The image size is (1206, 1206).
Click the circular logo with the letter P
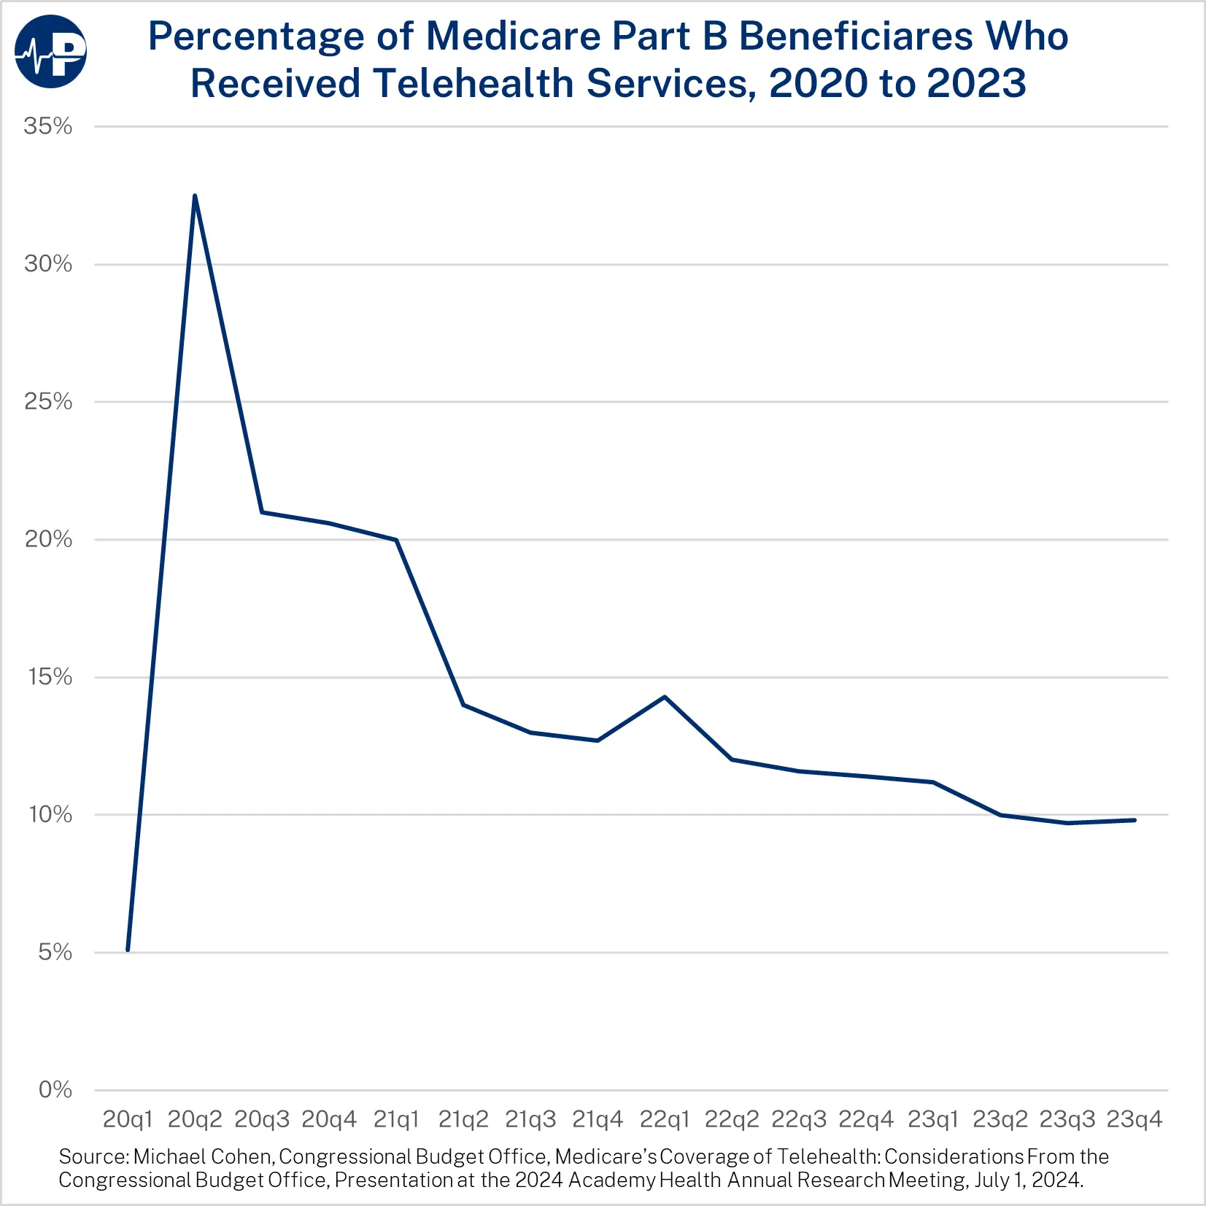point(50,51)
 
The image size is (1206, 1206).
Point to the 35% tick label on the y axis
point(48,126)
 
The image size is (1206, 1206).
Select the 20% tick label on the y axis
point(48,539)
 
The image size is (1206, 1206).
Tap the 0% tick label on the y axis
point(55,1090)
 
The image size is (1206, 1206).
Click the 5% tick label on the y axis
point(55,952)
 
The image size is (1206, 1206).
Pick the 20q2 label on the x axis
point(195,1119)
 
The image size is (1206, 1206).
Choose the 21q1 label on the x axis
point(396,1119)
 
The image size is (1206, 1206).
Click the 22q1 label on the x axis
point(665,1119)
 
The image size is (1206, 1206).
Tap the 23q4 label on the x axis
point(1135,1119)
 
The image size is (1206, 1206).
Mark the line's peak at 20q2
point(195,196)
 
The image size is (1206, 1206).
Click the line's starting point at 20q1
point(128,950)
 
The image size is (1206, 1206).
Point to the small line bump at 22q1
point(665,697)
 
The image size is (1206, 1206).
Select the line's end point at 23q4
point(1135,820)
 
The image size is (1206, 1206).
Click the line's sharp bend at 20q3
point(262,512)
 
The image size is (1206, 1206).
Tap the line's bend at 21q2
point(463,705)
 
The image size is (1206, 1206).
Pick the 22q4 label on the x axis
point(866,1119)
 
